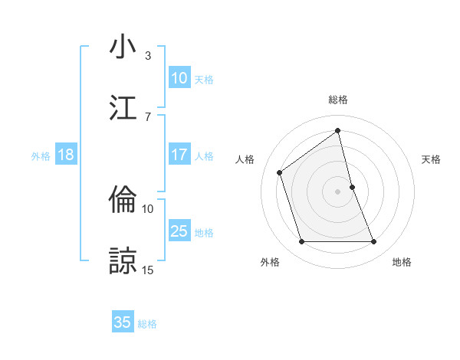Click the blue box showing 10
(179, 78)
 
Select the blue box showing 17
(179, 155)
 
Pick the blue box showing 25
(179, 231)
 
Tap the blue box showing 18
(66, 155)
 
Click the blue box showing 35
(123, 322)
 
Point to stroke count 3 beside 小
(148, 55)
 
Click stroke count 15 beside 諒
(148, 270)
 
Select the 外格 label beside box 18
(41, 156)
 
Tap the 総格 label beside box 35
(147, 324)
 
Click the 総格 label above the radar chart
(338, 100)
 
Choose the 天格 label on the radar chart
(432, 159)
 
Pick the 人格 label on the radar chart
(245, 159)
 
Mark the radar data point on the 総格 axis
(338, 131)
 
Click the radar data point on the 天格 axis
(352, 187)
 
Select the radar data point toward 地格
(374, 242)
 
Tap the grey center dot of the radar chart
(338, 191)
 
